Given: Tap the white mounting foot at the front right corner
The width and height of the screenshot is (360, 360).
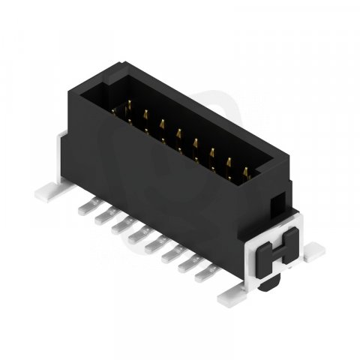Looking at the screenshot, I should (230, 298).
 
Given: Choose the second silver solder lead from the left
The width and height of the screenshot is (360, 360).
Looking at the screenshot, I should (103, 217).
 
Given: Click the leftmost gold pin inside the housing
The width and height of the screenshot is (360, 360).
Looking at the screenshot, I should (116, 115).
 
